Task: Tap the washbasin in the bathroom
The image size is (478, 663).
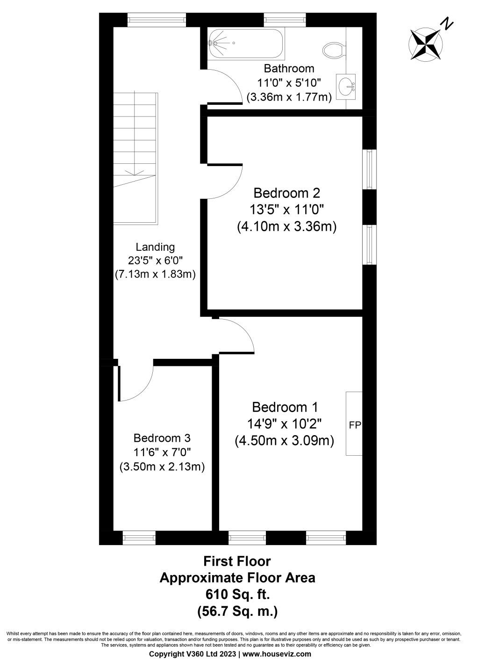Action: click(x=346, y=86)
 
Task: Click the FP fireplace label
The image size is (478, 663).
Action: click(x=355, y=425)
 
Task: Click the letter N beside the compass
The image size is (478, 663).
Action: click(x=448, y=23)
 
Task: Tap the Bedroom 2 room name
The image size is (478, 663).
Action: click(x=287, y=193)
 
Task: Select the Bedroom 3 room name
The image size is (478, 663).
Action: click(x=162, y=438)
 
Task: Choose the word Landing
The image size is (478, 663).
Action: click(x=155, y=247)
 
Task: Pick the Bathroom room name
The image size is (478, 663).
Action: click(x=289, y=68)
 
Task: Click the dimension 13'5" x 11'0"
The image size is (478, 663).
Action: click(x=287, y=210)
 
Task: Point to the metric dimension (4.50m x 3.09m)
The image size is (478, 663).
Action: click(x=284, y=441)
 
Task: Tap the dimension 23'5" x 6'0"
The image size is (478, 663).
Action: click(x=155, y=261)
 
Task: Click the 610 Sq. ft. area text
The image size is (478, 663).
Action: click(x=237, y=594)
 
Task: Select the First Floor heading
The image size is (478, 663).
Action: click(x=237, y=561)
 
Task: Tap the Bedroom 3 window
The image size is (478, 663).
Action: click(x=139, y=538)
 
